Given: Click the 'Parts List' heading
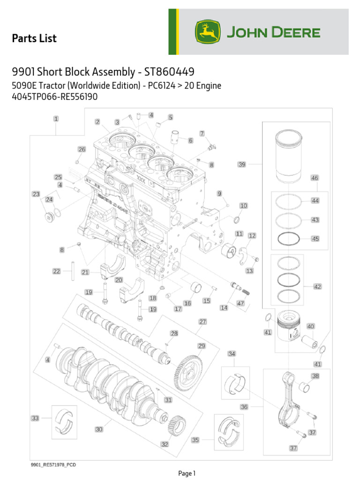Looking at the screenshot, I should click(x=34, y=38).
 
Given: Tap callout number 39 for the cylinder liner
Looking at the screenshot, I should click(x=242, y=165).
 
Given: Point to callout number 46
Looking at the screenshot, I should click(x=315, y=178).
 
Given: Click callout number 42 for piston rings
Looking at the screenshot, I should click(x=317, y=286).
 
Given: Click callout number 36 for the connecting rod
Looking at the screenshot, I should click(x=244, y=407).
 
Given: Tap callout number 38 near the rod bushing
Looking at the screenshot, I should click(x=315, y=376).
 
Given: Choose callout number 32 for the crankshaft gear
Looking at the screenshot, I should click(x=165, y=444).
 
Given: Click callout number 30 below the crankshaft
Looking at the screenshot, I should click(x=99, y=429).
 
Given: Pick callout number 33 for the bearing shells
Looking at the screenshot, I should click(x=35, y=418).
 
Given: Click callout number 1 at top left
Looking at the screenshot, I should click(x=56, y=119).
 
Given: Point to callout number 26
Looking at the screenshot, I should click(x=82, y=150).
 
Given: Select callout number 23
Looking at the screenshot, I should click(x=36, y=194).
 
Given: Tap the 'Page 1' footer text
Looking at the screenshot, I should click(x=187, y=473).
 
